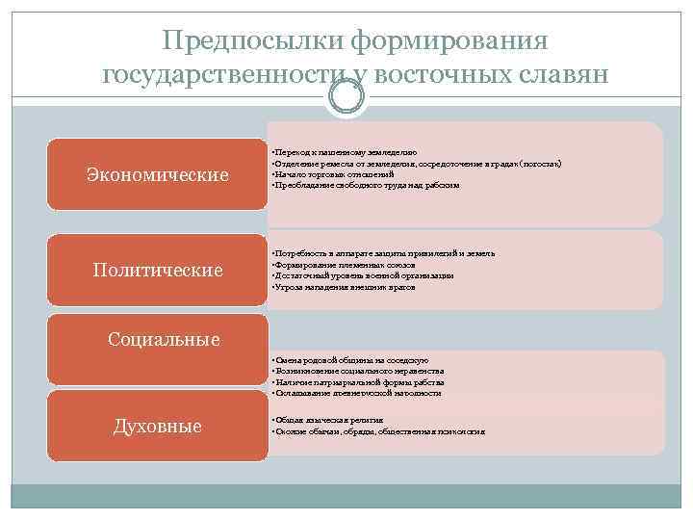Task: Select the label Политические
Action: click(x=158, y=270)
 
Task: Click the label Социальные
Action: click(x=164, y=339)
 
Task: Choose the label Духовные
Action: click(x=158, y=425)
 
